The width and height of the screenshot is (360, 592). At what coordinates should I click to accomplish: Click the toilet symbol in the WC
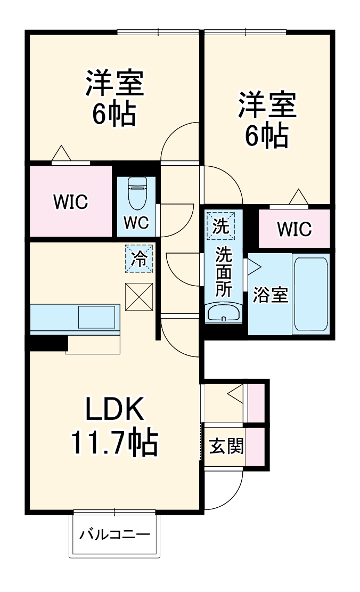137,193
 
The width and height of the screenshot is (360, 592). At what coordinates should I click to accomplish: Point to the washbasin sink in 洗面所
224,313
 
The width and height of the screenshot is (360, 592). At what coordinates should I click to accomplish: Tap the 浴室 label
270,295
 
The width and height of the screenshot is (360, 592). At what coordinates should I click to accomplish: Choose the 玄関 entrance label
226,446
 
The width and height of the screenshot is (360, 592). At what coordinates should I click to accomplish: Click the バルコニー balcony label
114,534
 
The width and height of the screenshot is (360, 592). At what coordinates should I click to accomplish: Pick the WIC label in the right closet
293,229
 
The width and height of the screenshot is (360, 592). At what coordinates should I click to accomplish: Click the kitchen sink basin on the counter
96,317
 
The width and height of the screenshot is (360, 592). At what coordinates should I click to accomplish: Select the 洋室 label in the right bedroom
266,105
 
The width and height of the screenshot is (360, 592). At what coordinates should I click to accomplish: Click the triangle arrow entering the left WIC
62,153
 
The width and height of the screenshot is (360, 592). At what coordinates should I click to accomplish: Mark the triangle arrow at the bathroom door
253,265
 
